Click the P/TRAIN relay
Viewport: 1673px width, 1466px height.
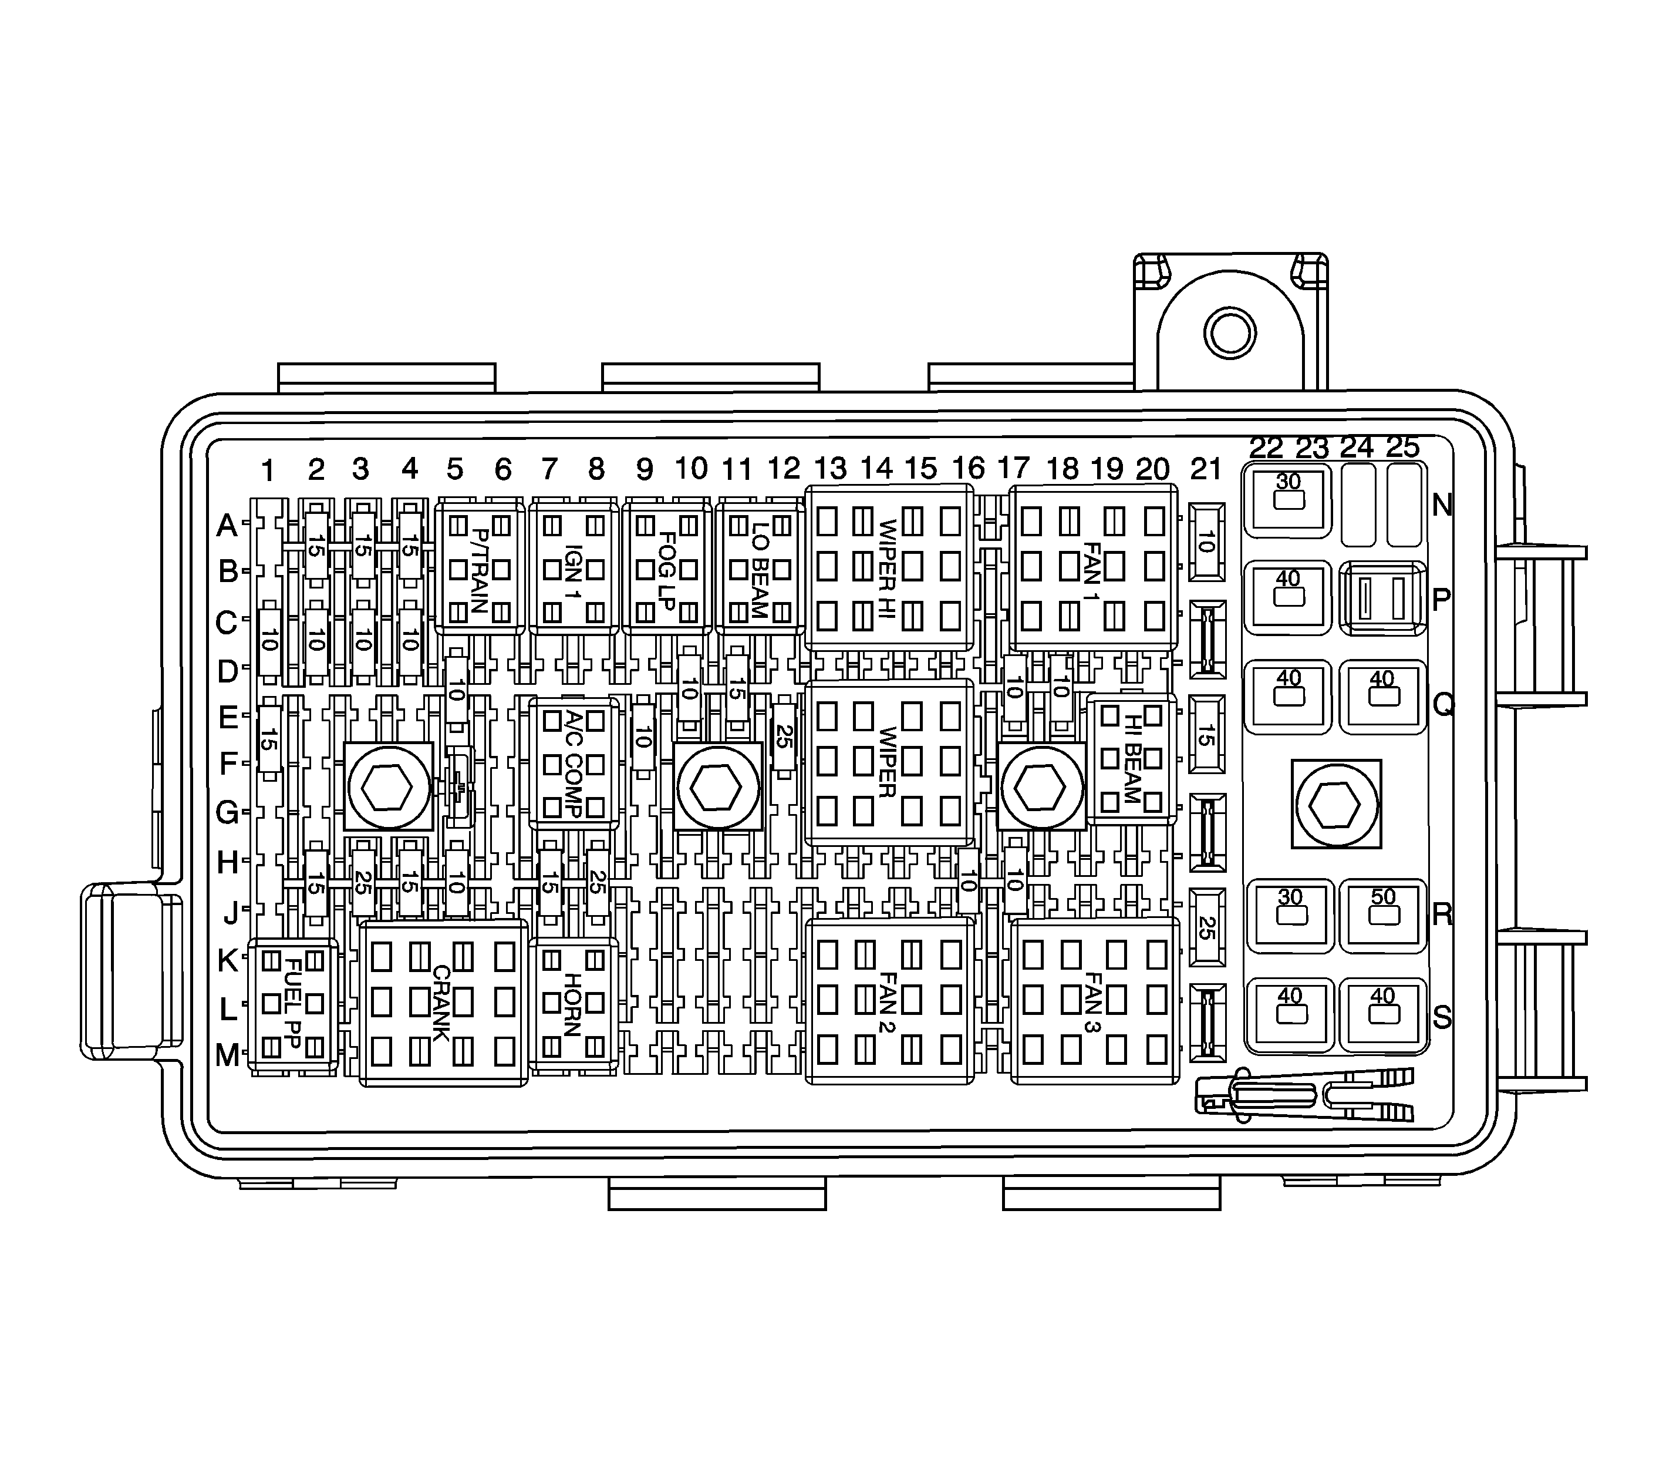[x=479, y=568]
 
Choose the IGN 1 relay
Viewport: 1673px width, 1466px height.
[x=573, y=568]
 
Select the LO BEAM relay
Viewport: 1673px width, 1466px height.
[x=760, y=568]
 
